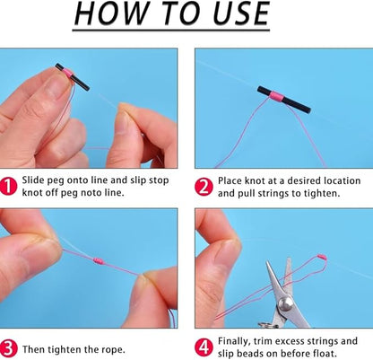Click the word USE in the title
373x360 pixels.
(x=235, y=15)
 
